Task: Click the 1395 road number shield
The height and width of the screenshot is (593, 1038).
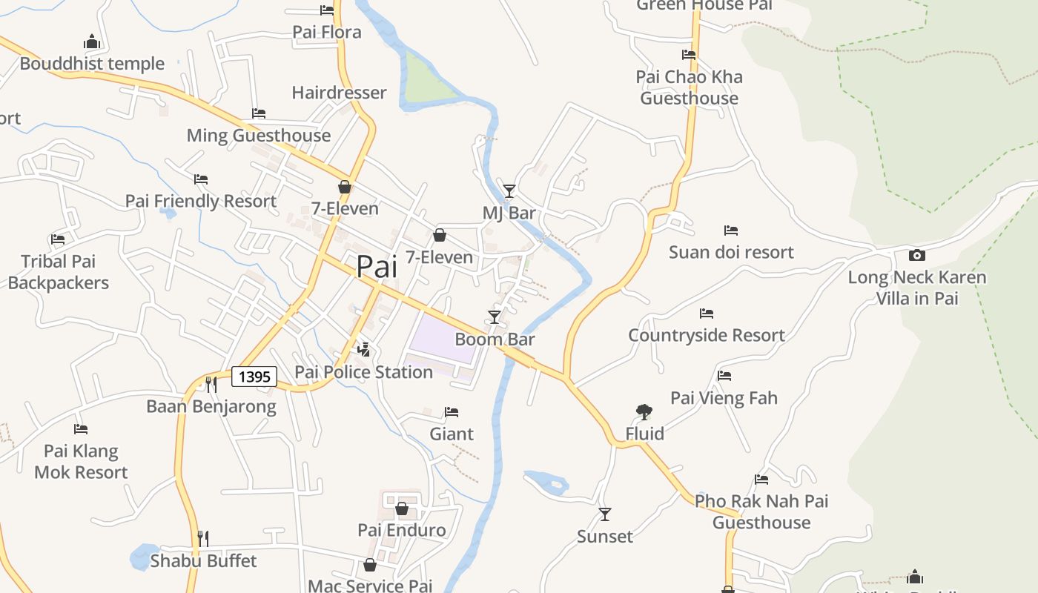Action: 254,377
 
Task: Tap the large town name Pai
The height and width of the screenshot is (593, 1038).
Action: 377,267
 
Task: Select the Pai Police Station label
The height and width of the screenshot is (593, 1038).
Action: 363,372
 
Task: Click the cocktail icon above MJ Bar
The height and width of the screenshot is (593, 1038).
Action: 509,191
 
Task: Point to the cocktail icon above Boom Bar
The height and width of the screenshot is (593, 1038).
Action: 495,317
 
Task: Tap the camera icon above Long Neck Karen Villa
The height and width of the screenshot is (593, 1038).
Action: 917,255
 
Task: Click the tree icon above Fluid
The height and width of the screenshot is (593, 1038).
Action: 644,411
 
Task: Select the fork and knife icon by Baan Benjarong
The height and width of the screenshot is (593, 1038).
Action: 211,384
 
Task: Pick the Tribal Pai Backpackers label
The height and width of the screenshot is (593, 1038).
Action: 58,272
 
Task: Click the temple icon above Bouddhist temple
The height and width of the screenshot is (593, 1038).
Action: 92,42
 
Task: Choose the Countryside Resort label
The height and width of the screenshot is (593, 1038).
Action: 706,335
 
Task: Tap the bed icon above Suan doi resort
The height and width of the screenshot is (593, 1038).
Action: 731,231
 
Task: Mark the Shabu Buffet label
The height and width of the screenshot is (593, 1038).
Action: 203,560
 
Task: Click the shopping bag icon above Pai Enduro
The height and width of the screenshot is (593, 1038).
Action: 401,508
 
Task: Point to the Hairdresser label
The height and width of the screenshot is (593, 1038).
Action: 339,93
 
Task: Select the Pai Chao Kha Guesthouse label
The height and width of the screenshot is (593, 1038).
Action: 689,87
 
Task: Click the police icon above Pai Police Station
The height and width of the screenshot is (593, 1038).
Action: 363,349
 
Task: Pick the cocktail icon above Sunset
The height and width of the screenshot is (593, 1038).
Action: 605,514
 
